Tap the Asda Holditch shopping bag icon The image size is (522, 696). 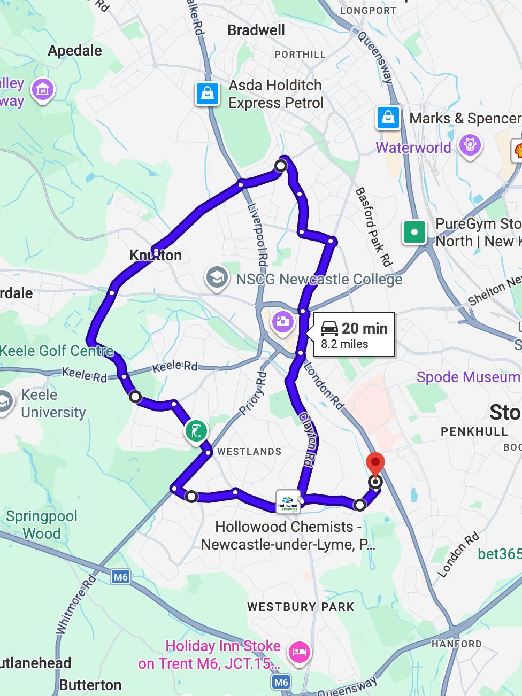(x=208, y=94)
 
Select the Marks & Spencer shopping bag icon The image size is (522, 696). (x=388, y=117)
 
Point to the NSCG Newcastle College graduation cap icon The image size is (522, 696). (x=217, y=278)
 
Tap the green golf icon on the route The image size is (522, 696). (x=196, y=431)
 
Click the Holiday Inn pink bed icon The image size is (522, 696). (x=299, y=652)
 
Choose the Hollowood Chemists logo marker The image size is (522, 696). (x=288, y=501)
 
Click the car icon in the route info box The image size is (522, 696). (x=329, y=328)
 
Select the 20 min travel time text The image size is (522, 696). (x=365, y=328)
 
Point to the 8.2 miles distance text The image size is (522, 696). (x=344, y=344)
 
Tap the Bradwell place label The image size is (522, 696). (x=256, y=30)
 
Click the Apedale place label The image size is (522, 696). (x=75, y=51)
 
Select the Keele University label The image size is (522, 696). (x=53, y=404)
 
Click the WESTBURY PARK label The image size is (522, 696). (x=301, y=607)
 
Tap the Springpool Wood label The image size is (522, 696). (x=42, y=525)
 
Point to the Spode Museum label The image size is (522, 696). (x=468, y=377)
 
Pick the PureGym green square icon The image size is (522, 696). (x=414, y=232)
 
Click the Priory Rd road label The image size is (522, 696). (x=253, y=394)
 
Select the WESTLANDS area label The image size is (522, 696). (x=249, y=452)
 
